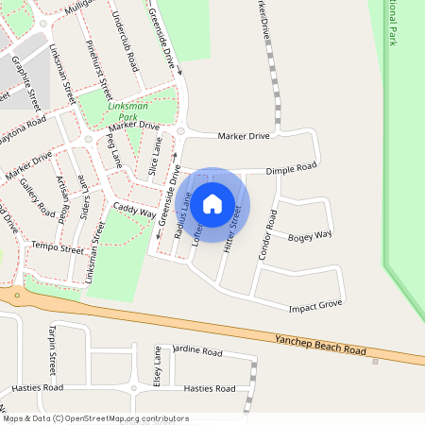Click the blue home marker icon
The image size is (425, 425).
212,202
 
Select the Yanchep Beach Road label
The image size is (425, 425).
320,344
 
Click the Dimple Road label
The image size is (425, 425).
291,169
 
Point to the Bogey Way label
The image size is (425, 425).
310,235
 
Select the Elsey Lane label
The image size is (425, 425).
158,366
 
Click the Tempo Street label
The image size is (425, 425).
58,247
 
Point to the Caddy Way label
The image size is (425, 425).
134,209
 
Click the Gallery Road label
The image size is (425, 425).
41,195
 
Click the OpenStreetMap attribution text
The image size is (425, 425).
94,417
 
